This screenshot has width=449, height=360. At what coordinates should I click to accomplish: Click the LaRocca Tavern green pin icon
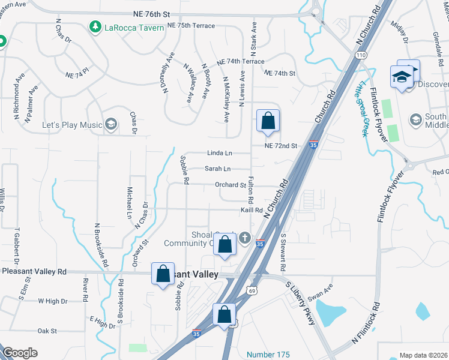click(x=95, y=26)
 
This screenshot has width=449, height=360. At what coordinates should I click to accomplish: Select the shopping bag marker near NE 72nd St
click(x=268, y=121)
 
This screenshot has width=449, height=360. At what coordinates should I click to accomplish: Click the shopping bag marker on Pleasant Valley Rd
click(x=163, y=274)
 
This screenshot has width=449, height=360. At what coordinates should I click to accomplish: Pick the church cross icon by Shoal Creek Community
click(x=244, y=238)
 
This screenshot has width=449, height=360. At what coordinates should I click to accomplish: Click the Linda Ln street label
click(x=219, y=154)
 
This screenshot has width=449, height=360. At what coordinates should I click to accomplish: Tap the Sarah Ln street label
click(x=217, y=170)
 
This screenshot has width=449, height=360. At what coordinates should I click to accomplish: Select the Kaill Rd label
click(x=252, y=210)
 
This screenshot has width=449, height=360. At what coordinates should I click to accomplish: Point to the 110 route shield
click(x=360, y=55)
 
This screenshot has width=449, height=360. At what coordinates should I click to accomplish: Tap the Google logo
click(x=20, y=353)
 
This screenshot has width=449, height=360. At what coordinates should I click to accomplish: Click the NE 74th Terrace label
click(x=240, y=62)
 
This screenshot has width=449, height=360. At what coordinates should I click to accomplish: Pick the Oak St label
click(x=47, y=331)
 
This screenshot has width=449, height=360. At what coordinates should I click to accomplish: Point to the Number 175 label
click(x=267, y=354)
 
